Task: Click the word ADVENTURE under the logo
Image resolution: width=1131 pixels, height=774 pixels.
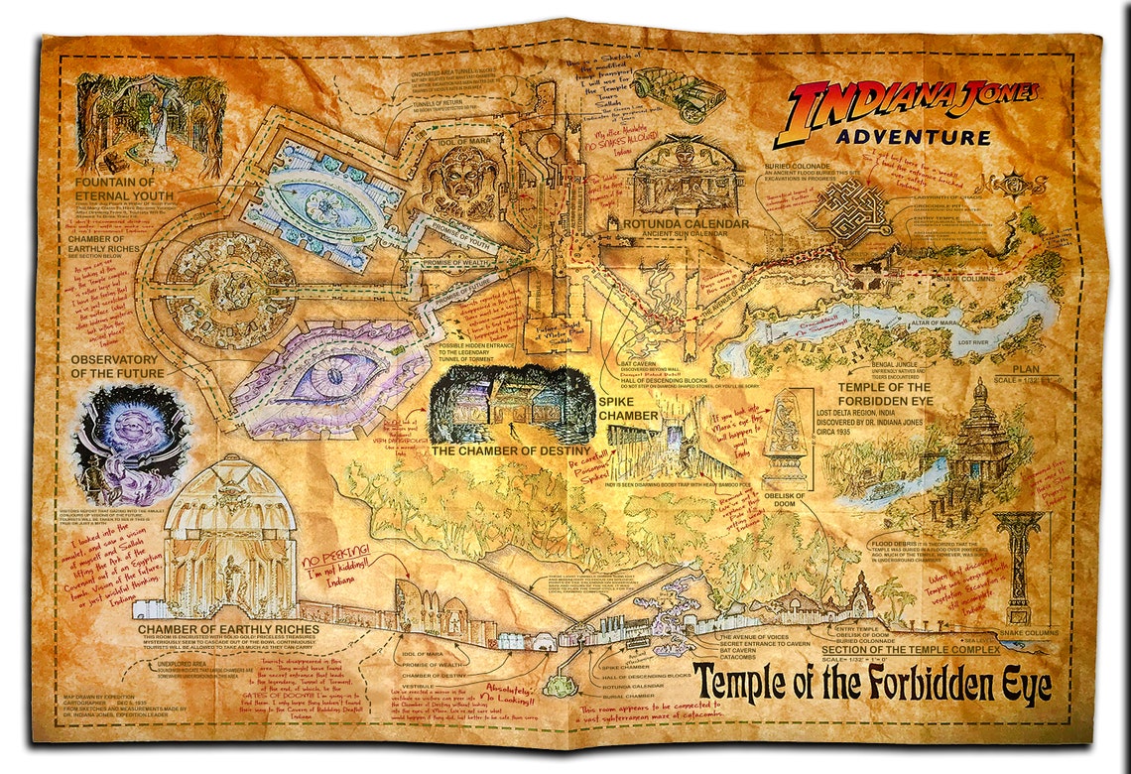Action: click(912, 137)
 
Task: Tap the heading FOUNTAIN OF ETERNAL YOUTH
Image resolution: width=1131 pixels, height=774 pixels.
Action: click(129, 190)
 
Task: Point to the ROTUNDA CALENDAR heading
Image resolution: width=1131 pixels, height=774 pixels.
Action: click(686, 224)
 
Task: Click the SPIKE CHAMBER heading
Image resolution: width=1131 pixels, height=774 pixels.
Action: click(628, 409)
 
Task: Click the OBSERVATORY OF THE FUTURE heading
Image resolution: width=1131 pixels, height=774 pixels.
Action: click(113, 365)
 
